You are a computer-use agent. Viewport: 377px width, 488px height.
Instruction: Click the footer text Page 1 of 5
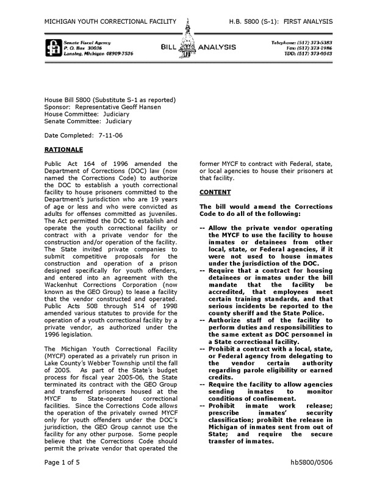(63, 479)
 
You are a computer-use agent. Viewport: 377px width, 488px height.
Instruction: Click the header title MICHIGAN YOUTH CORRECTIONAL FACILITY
(111, 22)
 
